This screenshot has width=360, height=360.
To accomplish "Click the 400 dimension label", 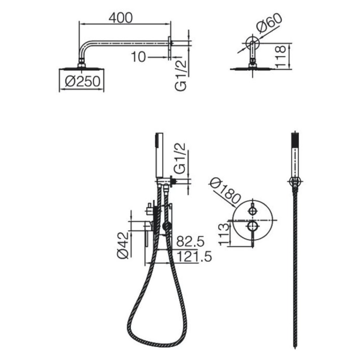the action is pos(121,18).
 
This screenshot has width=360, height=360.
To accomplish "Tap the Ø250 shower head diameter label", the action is pos(83,81).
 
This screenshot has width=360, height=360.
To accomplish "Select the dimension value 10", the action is pos(138,57).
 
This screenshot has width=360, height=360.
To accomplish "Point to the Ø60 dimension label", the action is pos(269,23).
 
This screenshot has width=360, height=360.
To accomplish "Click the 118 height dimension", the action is pos(280,57).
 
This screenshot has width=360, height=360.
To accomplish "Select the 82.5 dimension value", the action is pos(190,241).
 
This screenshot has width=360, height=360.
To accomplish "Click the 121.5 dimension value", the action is pos(194,256).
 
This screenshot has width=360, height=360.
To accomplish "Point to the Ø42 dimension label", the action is pos(123,245).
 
